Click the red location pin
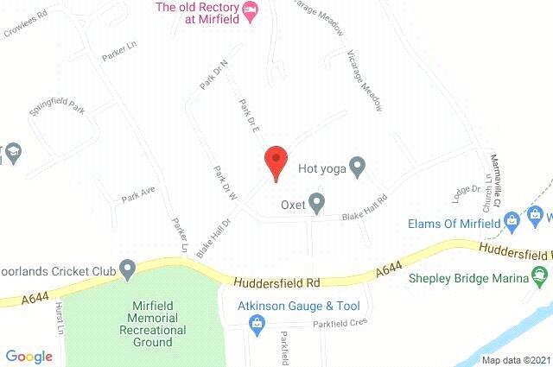pyautogui.click(x=275, y=161)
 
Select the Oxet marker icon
pyautogui.click(x=316, y=205)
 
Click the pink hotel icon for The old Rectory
pyautogui.click(x=251, y=10)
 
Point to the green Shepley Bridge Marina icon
pyautogui.click(x=541, y=278)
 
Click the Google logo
pyautogui.click(x=29, y=356)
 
